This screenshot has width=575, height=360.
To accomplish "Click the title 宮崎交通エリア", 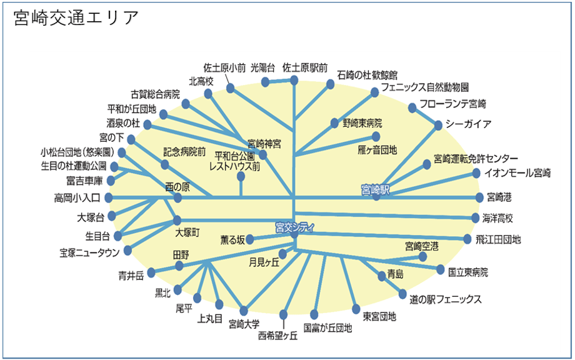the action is tap(76, 18).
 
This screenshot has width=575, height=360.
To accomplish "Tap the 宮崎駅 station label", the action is tap(375, 189).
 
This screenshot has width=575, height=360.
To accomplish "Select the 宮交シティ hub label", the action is tap(294, 227).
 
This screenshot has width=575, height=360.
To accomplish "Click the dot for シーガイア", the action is tap(438, 126).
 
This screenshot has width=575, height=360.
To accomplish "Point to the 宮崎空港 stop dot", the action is tap(422, 256).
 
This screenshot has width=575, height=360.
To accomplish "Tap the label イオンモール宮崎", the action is tap(517, 172).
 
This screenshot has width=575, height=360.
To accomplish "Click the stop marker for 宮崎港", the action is tap(479, 197).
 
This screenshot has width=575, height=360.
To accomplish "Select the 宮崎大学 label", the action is tap(244, 324).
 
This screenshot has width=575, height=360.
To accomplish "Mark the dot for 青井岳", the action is tap(151, 272).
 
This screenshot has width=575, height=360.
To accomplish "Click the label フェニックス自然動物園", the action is tap(424, 87).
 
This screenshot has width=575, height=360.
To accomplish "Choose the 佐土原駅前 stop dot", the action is tap(294, 80).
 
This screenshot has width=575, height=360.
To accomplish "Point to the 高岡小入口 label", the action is tap(77, 198).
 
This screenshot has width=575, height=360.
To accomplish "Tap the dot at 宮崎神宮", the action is tap(262, 154).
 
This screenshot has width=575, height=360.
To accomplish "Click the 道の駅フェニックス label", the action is tap(445, 299).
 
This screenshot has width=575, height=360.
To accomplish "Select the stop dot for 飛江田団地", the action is tap(467, 239).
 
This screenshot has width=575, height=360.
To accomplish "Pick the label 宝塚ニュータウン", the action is tap(89, 252).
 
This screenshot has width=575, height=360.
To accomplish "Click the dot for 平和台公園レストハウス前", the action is tap(241, 177).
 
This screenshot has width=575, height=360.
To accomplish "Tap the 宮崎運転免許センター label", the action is tap(476, 159).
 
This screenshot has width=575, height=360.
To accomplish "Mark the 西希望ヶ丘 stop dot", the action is tap(283, 314).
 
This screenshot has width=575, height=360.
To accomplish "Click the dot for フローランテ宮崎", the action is tap(412, 107).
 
